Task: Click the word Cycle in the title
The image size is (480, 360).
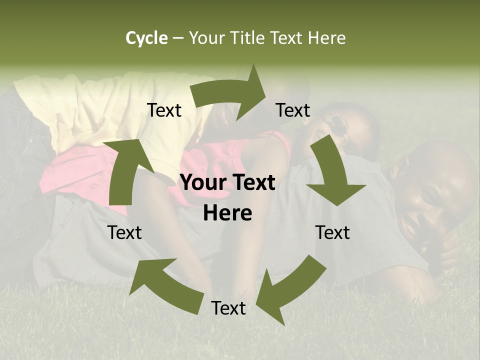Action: click(x=146, y=38)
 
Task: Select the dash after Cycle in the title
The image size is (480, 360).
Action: click(x=178, y=38)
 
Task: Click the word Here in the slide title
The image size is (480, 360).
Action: click(x=325, y=38)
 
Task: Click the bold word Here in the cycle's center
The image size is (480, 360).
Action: click(x=227, y=213)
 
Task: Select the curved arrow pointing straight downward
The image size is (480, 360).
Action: click(x=333, y=175)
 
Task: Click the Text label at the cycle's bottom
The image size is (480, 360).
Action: click(x=228, y=308)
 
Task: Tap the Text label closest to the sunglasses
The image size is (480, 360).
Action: click(x=293, y=110)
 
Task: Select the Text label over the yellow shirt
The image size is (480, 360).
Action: click(x=164, y=110)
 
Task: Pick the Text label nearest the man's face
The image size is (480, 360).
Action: click(x=332, y=232)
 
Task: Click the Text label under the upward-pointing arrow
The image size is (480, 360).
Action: click(x=125, y=232)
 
